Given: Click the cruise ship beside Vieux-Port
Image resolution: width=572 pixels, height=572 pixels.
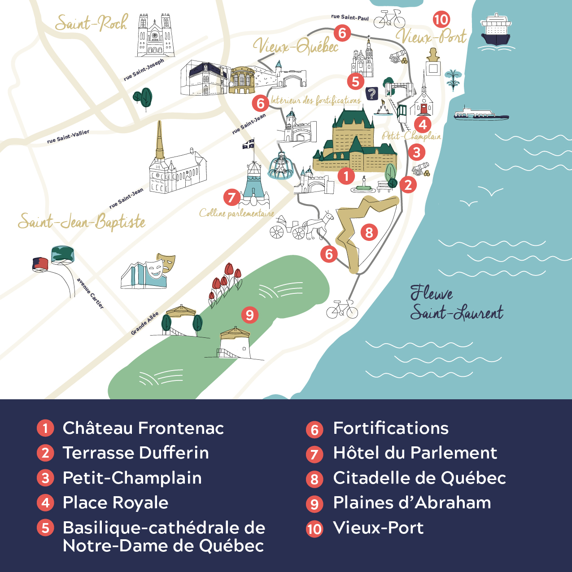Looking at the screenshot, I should pyautogui.click(x=495, y=31).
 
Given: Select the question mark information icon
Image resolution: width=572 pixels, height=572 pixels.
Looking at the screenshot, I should pyautogui.click(x=371, y=94).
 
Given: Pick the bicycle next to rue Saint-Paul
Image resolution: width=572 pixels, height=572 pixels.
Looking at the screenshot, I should pyautogui.click(x=389, y=19).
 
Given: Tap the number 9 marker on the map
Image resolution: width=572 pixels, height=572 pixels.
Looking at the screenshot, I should pyautogui.click(x=250, y=314).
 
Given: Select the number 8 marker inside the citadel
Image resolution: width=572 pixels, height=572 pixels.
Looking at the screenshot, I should pyautogui.click(x=369, y=232).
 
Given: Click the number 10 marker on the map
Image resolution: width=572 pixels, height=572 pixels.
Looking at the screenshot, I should pyautogui.click(x=441, y=19).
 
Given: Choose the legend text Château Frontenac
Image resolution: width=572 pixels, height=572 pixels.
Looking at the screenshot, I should pyautogui.click(x=143, y=428).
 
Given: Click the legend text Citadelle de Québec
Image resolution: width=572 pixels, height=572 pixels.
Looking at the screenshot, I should pyautogui.click(x=419, y=478).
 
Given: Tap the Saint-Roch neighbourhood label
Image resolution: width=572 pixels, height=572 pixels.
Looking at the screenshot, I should pyautogui.click(x=91, y=23).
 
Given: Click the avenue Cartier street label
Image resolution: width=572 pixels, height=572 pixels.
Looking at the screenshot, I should pyautogui.click(x=90, y=293).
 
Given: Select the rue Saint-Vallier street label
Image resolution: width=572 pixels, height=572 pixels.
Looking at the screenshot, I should pyautogui.click(x=68, y=137).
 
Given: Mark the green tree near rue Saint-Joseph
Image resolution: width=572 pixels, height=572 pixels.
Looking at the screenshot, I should pyautogui.click(x=143, y=98).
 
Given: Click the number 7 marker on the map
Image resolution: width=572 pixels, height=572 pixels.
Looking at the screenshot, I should pyautogui.click(x=231, y=197).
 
